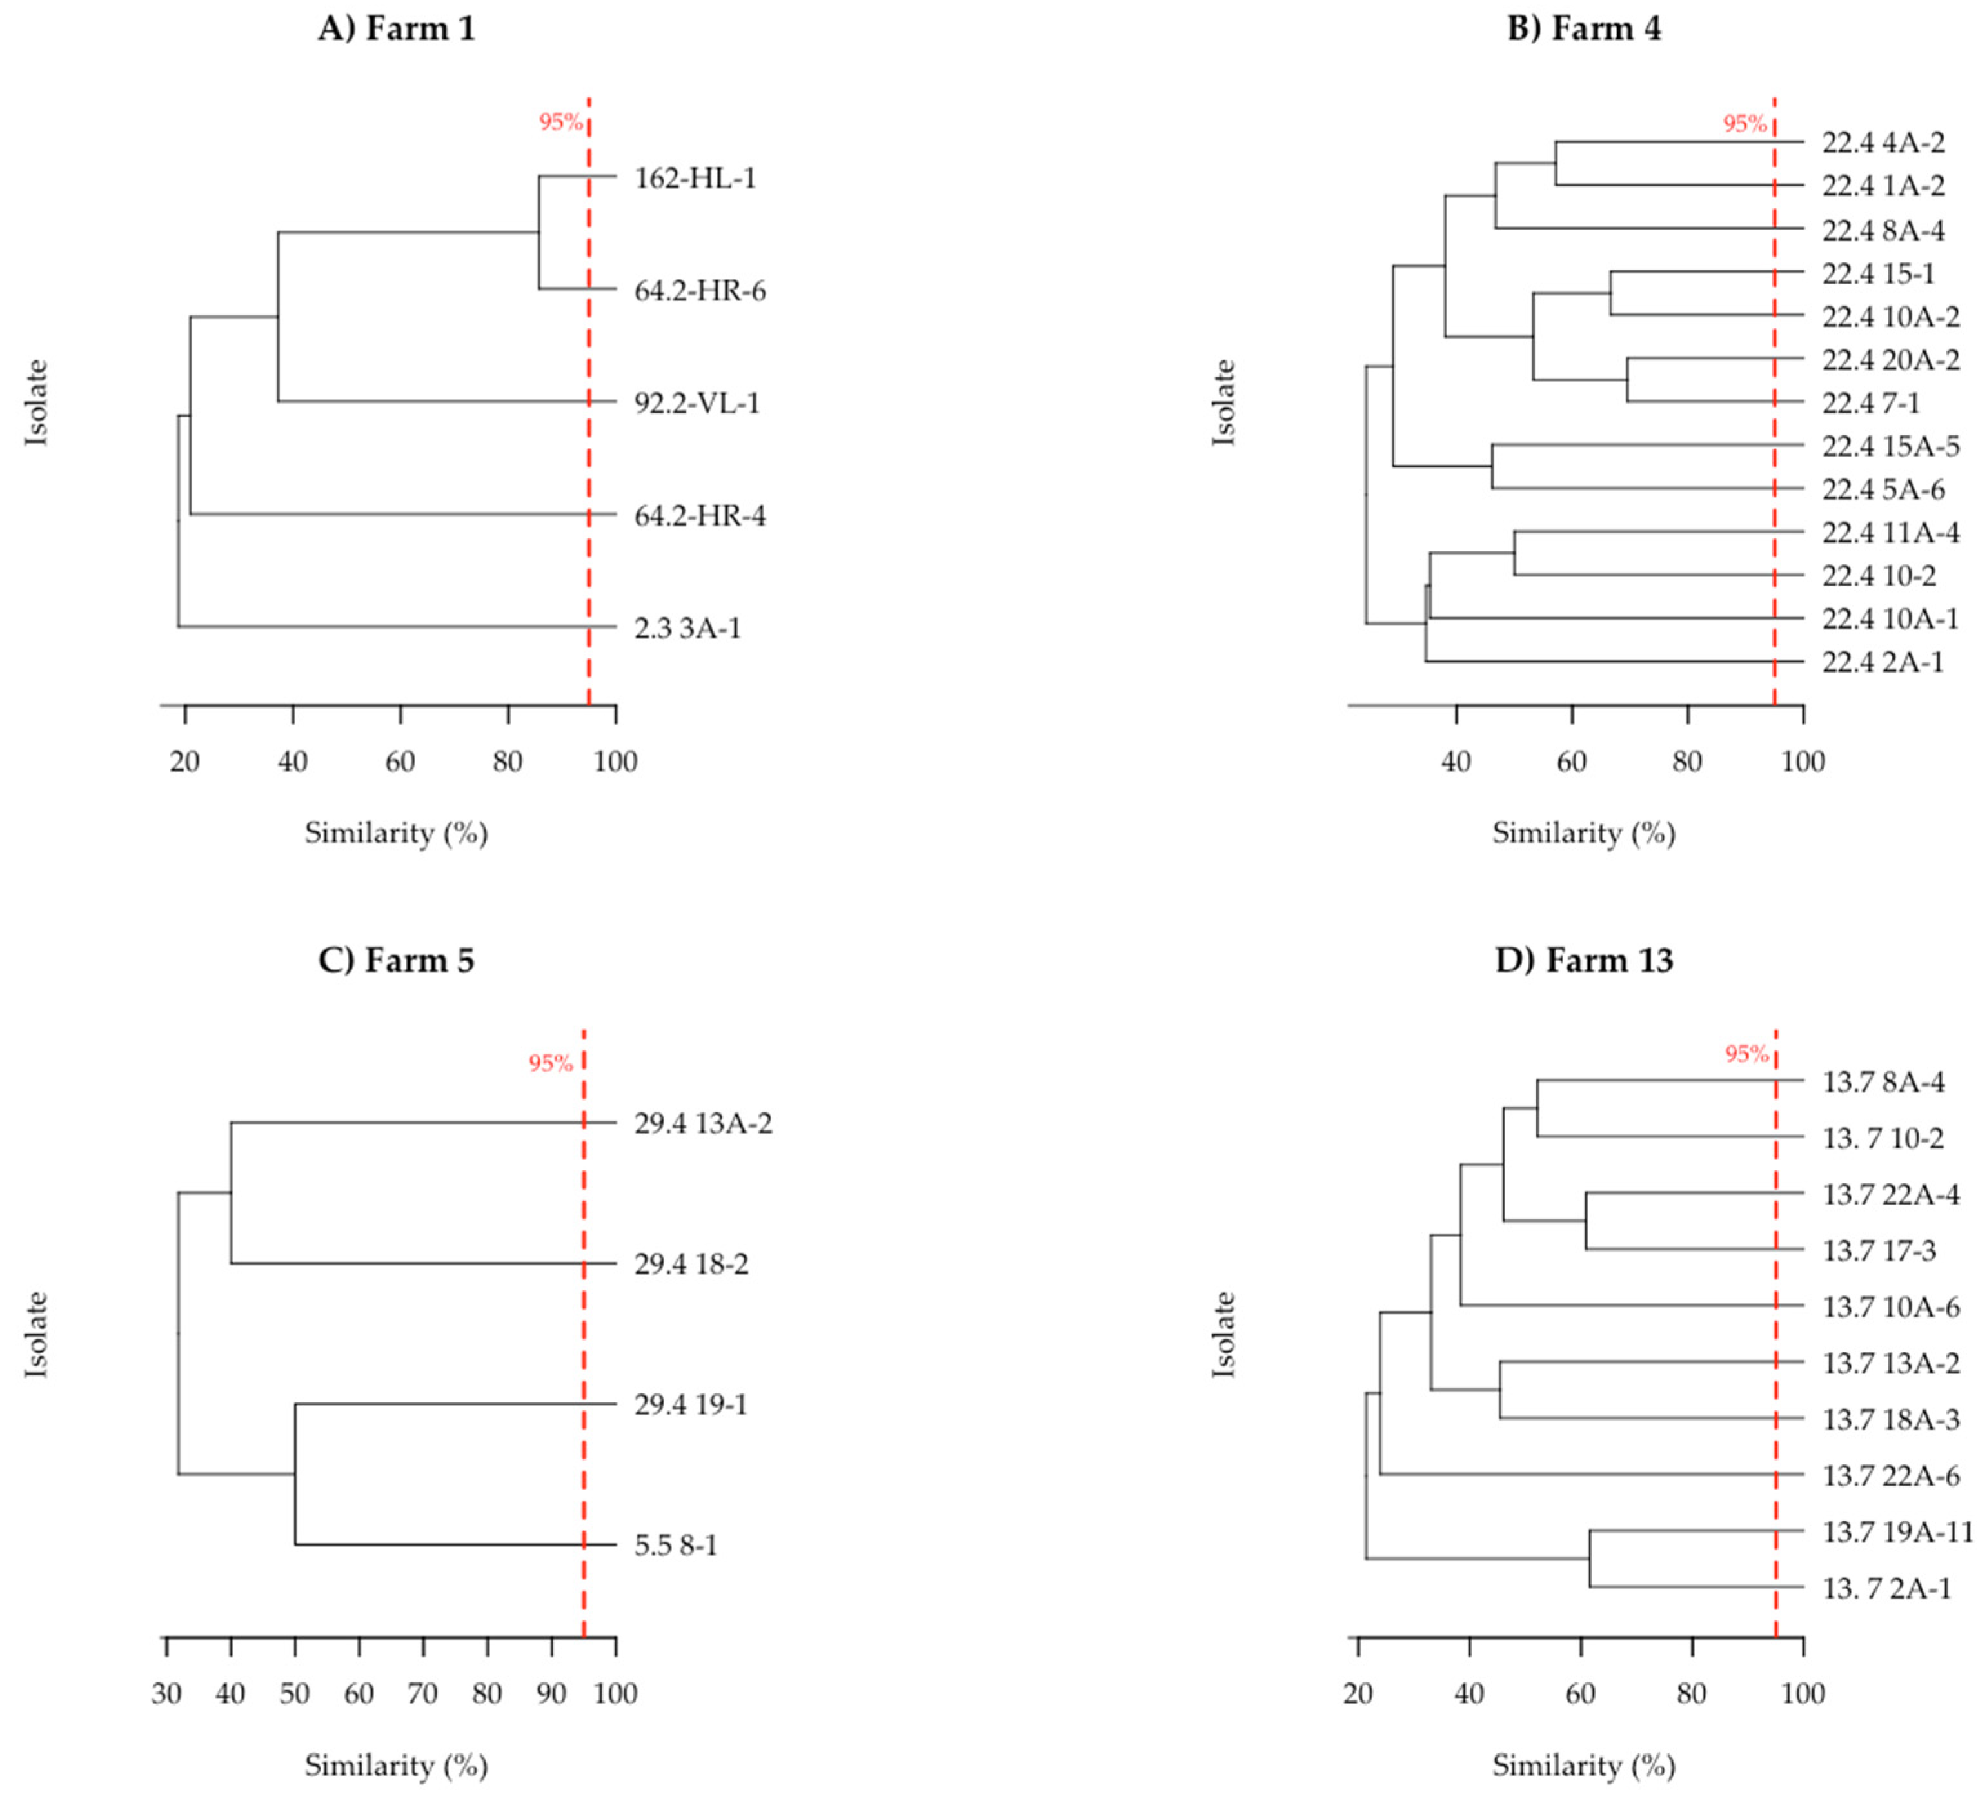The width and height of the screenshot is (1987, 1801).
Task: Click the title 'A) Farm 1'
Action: [396, 28]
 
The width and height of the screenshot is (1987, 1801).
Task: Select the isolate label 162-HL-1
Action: [695, 179]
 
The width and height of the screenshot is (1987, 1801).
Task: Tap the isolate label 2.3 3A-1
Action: [687, 627]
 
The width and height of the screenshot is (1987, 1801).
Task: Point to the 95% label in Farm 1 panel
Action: [560, 122]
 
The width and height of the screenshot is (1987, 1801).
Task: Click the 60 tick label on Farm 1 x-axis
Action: [400, 761]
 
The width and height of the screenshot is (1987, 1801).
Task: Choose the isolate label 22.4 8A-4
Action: [1883, 231]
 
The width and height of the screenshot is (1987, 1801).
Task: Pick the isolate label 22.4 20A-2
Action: [1890, 360]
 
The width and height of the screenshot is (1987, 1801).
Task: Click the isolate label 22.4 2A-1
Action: [1883, 662]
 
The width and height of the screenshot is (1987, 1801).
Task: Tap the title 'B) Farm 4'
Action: [1584, 28]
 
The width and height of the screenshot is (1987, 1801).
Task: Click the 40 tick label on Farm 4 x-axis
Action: [1456, 761]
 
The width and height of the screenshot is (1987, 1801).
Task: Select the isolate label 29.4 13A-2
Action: [703, 1123]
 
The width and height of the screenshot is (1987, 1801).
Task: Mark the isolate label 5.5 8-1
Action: [675, 1545]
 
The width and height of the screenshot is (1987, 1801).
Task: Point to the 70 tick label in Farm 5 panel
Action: [423, 1693]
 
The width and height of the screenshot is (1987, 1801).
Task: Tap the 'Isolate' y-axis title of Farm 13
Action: [1223, 1334]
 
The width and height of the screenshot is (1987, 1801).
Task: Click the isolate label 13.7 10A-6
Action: [1890, 1308]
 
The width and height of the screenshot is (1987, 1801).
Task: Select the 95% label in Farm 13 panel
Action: [1746, 1054]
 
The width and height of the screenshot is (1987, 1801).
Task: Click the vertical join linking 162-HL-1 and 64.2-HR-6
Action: [539, 233]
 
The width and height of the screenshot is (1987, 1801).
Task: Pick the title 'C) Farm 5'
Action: [396, 960]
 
